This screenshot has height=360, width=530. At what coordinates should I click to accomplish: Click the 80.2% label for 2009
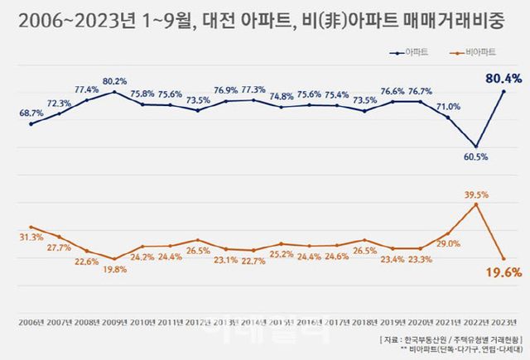(x=115, y=81)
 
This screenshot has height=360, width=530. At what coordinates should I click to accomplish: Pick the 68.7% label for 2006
(x=31, y=112)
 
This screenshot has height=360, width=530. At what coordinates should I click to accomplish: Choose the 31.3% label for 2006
(x=31, y=238)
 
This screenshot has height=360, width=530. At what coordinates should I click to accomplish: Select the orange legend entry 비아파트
(x=479, y=52)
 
